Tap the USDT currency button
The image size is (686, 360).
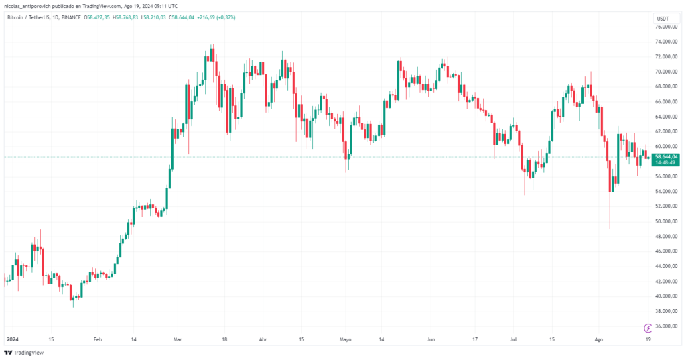pyautogui.click(x=663, y=18)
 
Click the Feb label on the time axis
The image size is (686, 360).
pyautogui.click(x=98, y=339)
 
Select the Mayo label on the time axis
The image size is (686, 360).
pyautogui.click(x=346, y=339)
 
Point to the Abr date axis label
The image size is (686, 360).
pyautogui.click(x=263, y=339)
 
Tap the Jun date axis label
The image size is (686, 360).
pyautogui.click(x=431, y=339)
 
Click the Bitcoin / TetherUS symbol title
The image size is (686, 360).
pyautogui.click(x=33, y=18)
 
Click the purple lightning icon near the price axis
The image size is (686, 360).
pyautogui.click(x=648, y=328)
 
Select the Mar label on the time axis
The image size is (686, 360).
pyautogui.click(x=178, y=339)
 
